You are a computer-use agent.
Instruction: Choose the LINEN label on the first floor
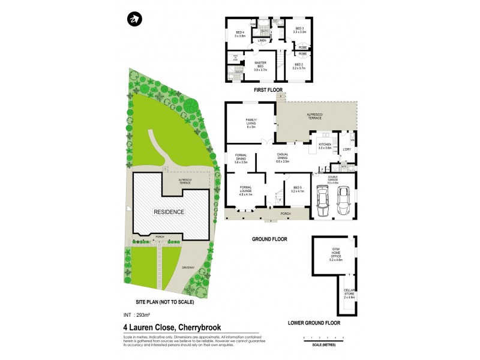click(x=262, y=40)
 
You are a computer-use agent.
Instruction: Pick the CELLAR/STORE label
click(x=349, y=295)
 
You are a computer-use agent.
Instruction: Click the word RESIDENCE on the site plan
click(x=169, y=212)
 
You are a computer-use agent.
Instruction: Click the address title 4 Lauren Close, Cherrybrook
click(x=172, y=328)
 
